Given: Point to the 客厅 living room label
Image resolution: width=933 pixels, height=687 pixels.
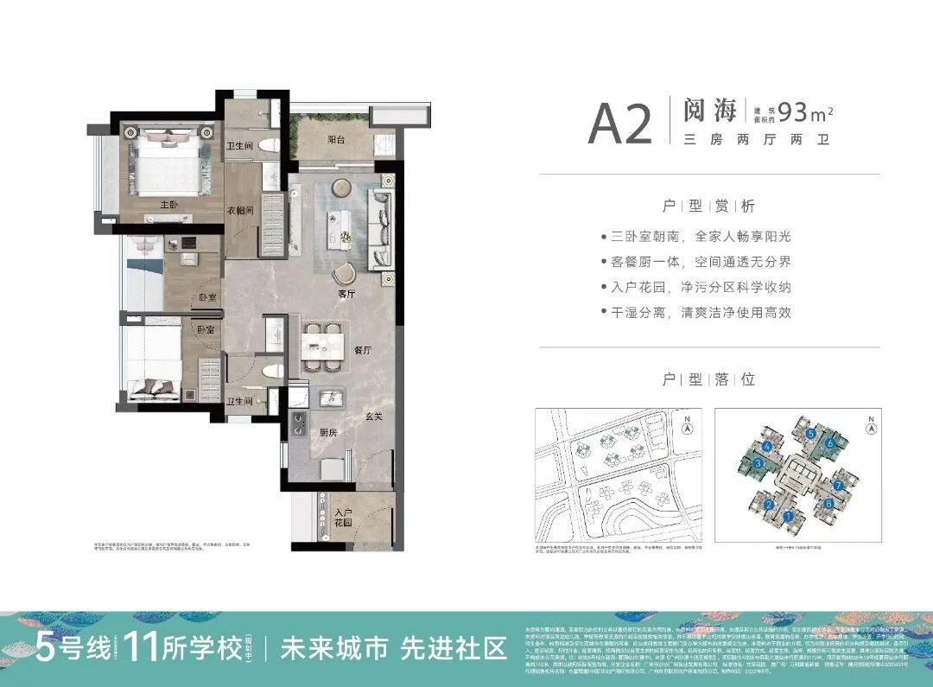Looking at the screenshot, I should (348, 294).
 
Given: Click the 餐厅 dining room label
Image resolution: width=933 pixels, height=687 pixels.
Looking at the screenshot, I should (363, 351).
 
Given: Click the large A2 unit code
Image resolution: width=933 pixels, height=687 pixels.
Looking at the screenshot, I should (619, 125).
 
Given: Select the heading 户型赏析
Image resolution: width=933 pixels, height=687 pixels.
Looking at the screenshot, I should (708, 207).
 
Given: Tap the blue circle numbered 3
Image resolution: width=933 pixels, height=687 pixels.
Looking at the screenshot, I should (758, 464).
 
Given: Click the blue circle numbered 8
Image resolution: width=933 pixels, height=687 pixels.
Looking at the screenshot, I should (829, 503).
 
